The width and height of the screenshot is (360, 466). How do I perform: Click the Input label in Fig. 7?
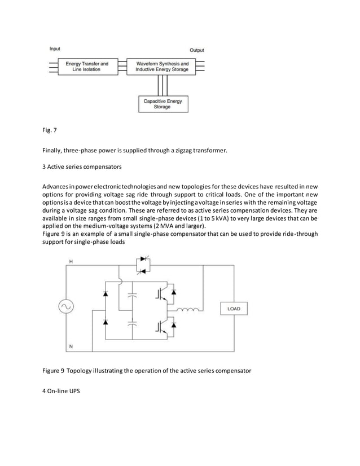click(x=54, y=49)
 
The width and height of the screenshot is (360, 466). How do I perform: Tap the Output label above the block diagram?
click(x=196, y=50)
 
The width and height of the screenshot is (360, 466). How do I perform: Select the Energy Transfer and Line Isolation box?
click(x=87, y=67)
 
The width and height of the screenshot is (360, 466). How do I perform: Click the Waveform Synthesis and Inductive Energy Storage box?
click(x=162, y=67)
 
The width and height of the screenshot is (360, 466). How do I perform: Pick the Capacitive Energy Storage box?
click(x=163, y=104)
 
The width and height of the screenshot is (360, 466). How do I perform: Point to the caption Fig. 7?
click(x=50, y=131)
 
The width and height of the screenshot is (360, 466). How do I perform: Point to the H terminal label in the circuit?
click(x=71, y=262)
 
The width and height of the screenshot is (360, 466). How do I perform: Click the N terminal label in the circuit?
click(x=71, y=345)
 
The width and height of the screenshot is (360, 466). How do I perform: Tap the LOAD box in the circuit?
click(x=234, y=309)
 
